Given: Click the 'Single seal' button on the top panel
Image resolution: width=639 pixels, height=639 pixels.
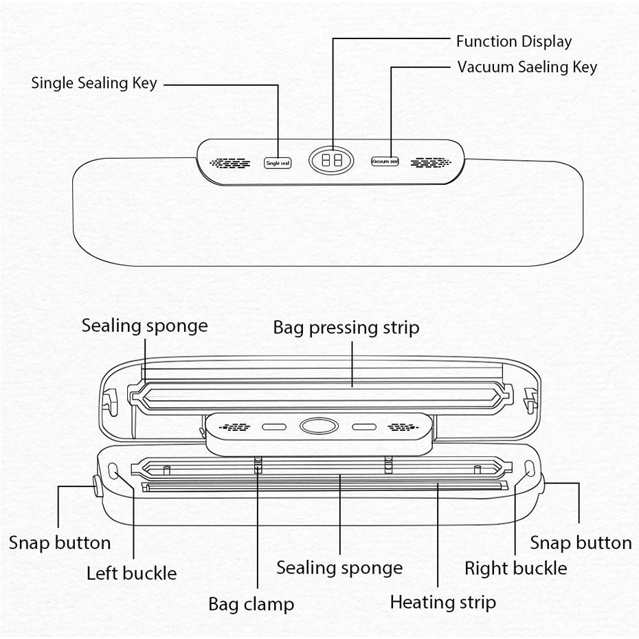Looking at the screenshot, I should (x=278, y=163).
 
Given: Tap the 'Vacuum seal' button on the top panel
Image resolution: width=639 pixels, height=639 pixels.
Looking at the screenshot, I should (x=385, y=161).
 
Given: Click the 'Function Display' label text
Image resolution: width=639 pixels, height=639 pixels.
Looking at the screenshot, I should (x=513, y=41).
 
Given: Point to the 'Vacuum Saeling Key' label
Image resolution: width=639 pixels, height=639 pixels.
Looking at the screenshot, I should (x=527, y=67).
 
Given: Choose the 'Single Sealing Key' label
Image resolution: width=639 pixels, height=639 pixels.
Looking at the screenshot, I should (x=94, y=84).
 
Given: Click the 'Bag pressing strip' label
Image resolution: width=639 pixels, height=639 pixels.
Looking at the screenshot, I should (x=346, y=328).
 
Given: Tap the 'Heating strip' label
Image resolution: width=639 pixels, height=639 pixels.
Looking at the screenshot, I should (x=442, y=603).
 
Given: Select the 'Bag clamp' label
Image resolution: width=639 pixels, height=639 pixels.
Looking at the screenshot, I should (x=251, y=605).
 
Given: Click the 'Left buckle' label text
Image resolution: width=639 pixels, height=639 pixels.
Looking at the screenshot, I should (x=131, y=574).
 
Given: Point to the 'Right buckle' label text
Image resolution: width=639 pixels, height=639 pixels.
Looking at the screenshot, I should (x=515, y=569).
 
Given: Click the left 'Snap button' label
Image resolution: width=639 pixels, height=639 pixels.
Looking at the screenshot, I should (x=59, y=543).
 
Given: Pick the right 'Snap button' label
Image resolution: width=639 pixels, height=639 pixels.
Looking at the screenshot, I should (x=581, y=543).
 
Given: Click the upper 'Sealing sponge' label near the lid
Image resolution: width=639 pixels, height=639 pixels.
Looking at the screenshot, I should (x=144, y=326).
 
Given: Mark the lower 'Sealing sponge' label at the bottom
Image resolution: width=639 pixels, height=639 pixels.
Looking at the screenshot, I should (x=339, y=568).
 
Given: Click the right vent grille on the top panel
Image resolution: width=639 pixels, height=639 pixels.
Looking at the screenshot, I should (x=431, y=162).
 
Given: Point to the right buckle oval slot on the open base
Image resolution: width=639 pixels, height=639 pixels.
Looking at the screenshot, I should (x=529, y=469).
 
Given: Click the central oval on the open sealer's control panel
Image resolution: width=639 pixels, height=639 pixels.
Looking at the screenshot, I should (x=319, y=427).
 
